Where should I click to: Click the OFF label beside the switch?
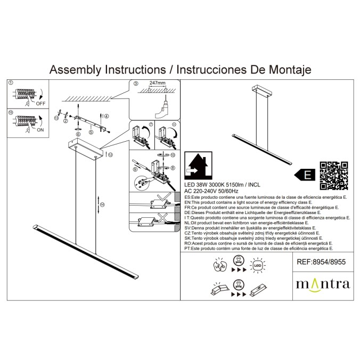tap(40, 104)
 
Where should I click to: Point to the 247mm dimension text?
tap(157, 84)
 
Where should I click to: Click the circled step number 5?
tap(91, 132)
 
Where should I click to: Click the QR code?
tap(334, 175)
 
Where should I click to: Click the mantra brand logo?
tap(323, 283)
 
